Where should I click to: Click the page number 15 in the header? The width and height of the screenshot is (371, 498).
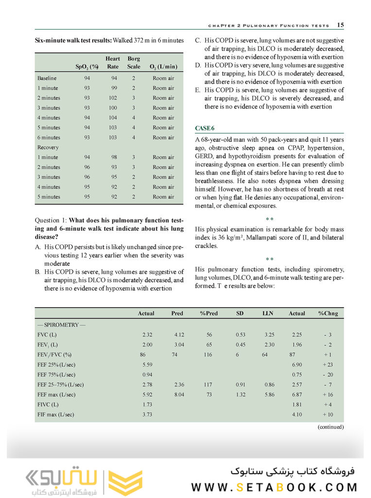pos(340,25)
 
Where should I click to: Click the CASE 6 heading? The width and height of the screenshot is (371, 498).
pos(205,128)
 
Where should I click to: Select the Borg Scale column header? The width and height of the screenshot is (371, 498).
pos(134,62)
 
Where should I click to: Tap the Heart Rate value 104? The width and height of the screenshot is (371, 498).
pos(113,118)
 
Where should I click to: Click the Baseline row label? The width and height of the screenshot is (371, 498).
pos(47,78)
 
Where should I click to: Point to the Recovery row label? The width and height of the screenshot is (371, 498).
pos(48,148)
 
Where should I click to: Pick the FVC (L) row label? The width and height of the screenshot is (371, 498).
pos(47,335)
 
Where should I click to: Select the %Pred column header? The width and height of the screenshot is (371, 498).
pos(209,313)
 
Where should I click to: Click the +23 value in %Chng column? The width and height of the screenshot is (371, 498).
pos(328,365)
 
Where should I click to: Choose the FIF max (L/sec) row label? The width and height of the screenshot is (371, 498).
pos(54,414)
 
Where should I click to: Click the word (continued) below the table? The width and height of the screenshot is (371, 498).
pos(330,427)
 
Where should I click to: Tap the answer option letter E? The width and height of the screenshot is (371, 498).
pos(197,90)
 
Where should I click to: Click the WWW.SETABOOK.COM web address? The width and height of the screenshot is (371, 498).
pos(274,487)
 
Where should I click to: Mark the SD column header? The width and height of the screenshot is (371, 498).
pos(240,313)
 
